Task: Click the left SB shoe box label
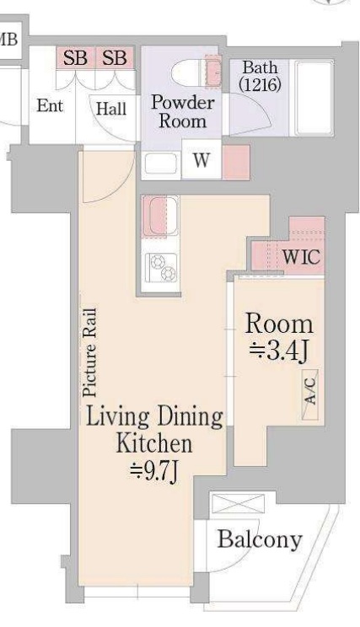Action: (x=75, y=58)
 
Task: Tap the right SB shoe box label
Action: (x=114, y=58)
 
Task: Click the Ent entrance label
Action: (x=50, y=106)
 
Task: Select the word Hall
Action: (x=111, y=109)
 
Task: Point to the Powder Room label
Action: (x=183, y=112)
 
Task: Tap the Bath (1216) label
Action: (x=260, y=76)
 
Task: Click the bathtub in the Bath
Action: (x=314, y=98)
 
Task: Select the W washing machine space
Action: (x=201, y=159)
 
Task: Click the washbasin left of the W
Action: (x=161, y=163)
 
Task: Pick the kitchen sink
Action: (x=161, y=217)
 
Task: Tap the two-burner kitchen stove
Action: (x=162, y=267)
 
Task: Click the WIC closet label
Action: (x=301, y=256)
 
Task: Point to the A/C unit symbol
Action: (x=310, y=394)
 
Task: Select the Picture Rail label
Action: (x=89, y=352)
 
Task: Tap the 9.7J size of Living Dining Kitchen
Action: (x=153, y=472)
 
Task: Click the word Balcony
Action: (x=260, y=539)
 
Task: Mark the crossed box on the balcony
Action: (x=238, y=503)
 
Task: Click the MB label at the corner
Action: (x=8, y=39)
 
